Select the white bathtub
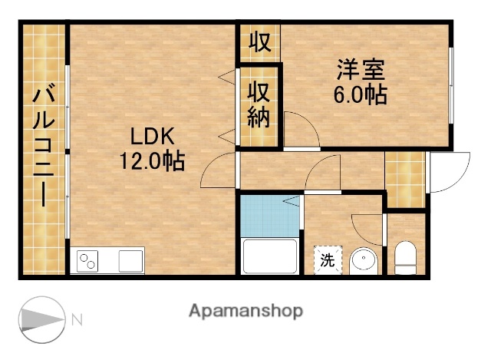pyautogui.click(x=269, y=256)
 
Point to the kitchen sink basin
pyautogui.click(x=130, y=261)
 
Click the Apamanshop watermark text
pyautogui.click(x=245, y=311)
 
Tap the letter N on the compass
pyautogui.click(x=76, y=319)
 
